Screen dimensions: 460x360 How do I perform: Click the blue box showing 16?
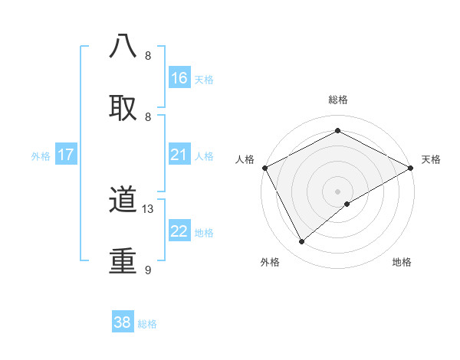pyautogui.click(x=179, y=78)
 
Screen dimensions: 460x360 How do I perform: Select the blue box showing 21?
pyautogui.click(x=179, y=155)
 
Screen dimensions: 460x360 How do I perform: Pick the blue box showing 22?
pyautogui.click(x=179, y=231)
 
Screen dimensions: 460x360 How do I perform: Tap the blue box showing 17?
pyautogui.click(x=66, y=155)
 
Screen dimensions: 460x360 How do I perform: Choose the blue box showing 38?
pyautogui.click(x=123, y=322)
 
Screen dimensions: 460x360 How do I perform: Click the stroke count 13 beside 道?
pyautogui.click(x=148, y=208)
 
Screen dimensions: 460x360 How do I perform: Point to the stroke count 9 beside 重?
pyautogui.click(x=148, y=270)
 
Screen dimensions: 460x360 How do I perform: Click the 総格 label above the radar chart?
pyautogui.click(x=337, y=100)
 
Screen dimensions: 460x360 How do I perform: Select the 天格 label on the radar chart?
pyautogui.click(x=431, y=159)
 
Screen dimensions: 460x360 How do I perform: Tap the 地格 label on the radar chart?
pyautogui.click(x=402, y=262)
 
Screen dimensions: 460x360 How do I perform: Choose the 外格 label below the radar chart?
pyautogui.click(x=270, y=262)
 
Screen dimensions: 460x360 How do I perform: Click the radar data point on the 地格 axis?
pyautogui.click(x=347, y=204)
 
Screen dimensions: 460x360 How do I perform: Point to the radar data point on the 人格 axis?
pyautogui.click(x=264, y=167)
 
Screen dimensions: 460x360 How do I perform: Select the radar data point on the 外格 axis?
pyautogui.click(x=302, y=242)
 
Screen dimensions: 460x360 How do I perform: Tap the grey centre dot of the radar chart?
pyautogui.click(x=337, y=191)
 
